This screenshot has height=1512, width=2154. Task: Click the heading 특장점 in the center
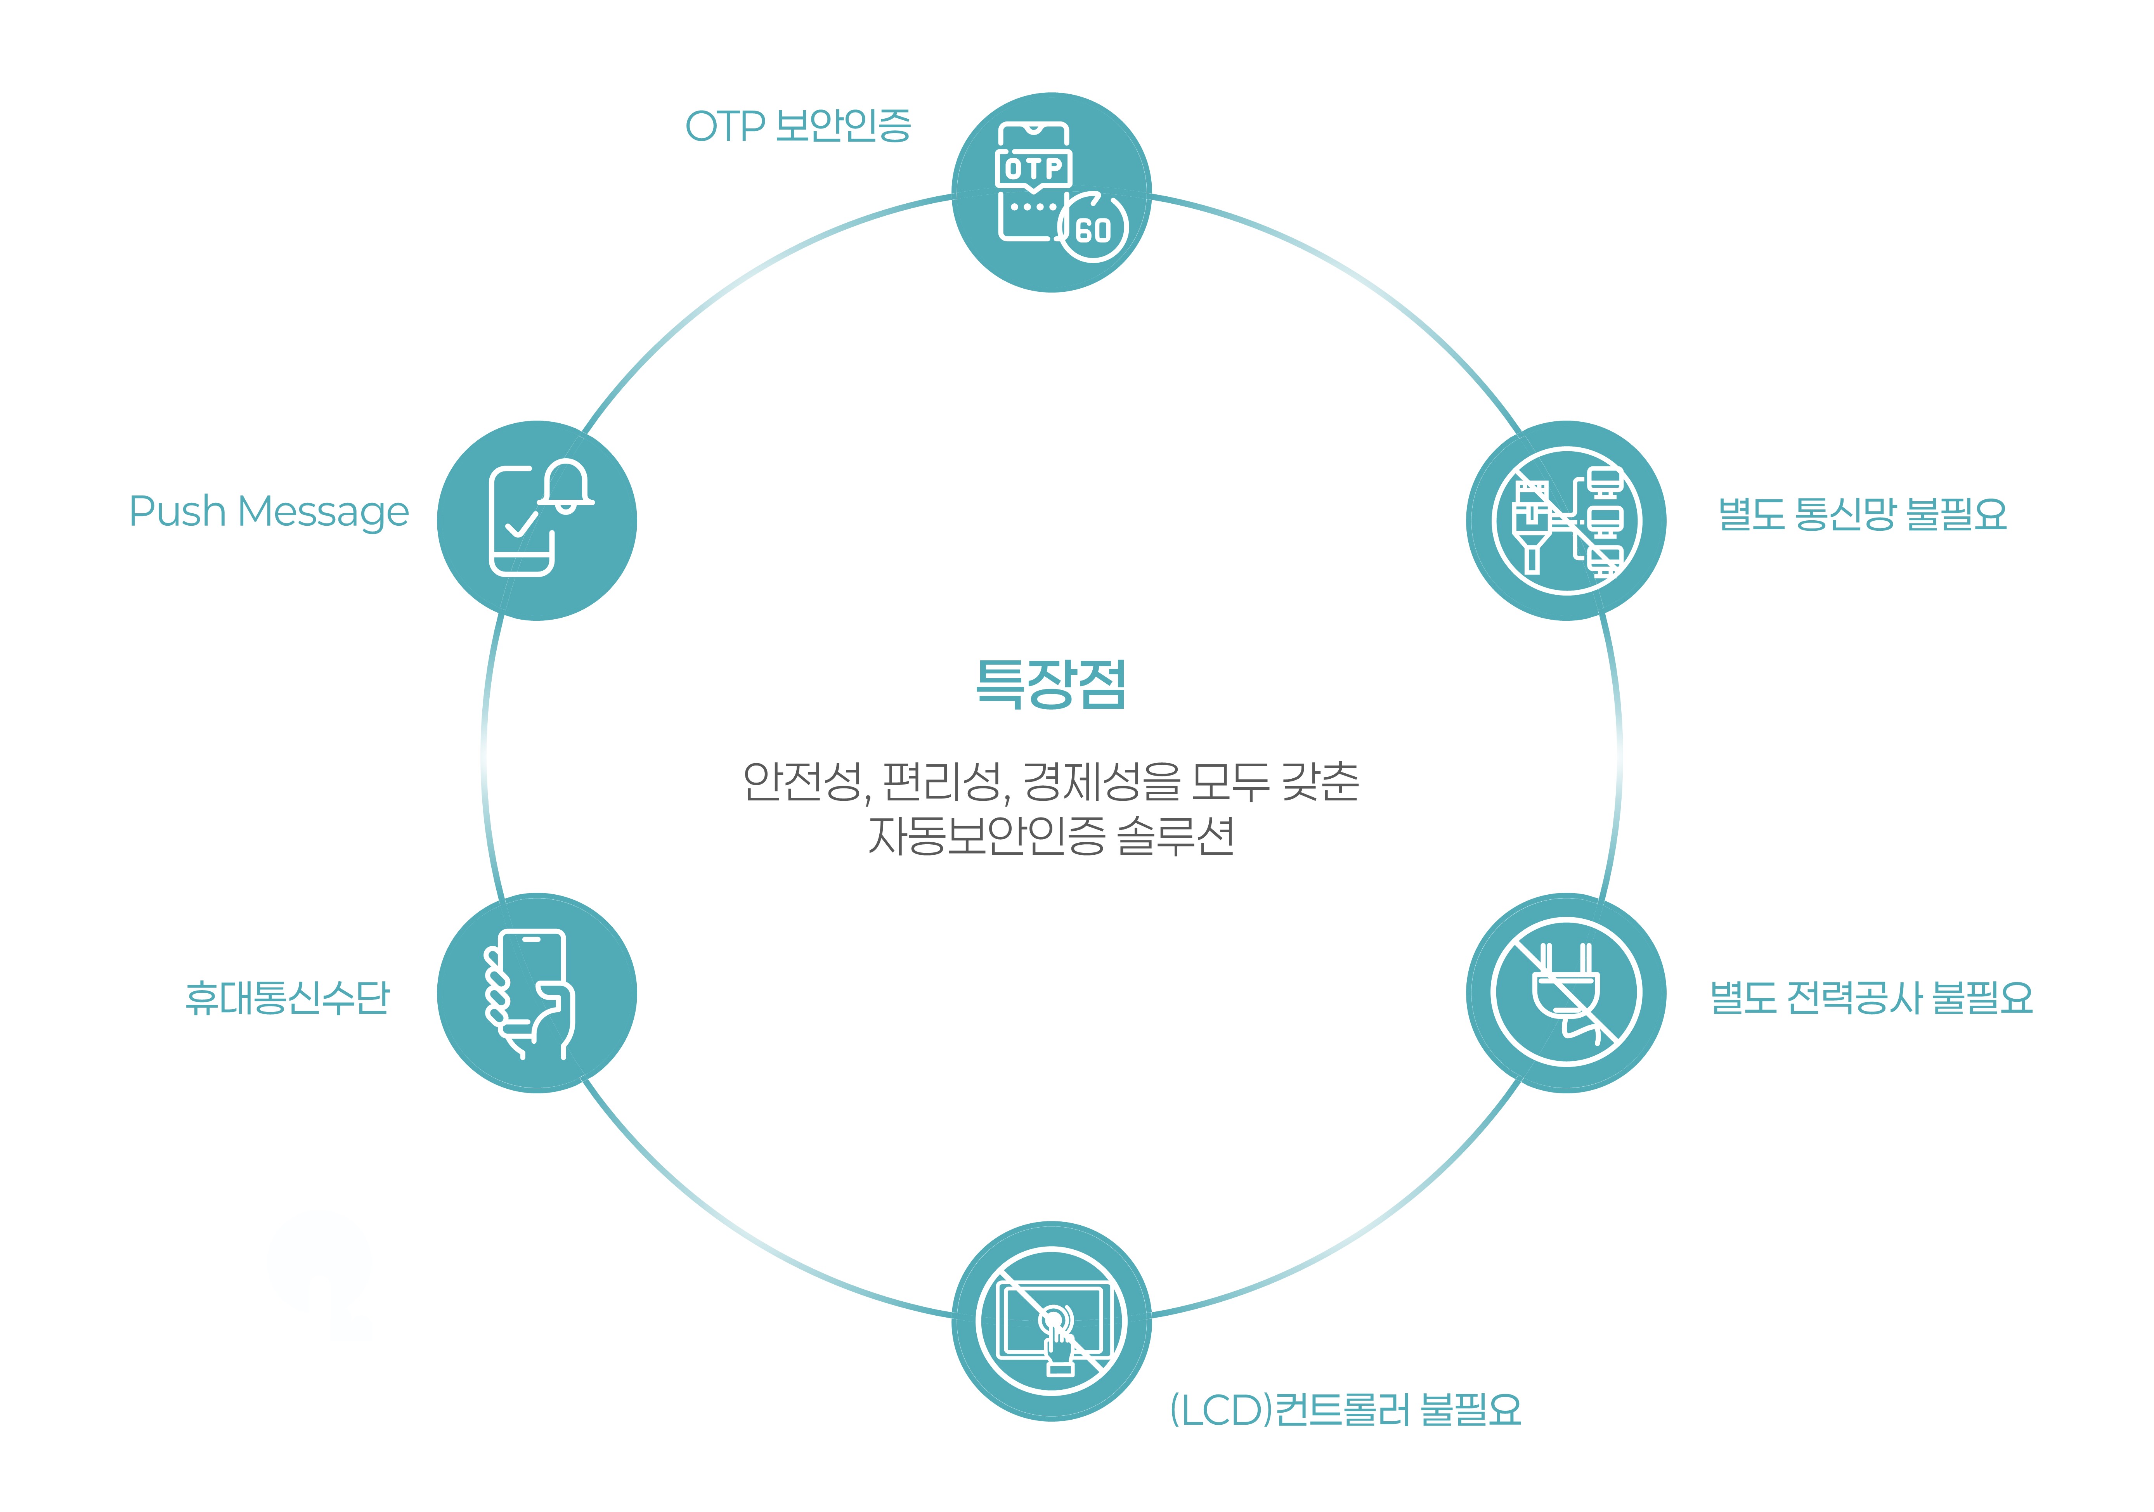click(1051, 684)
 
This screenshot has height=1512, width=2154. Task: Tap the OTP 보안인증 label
click(797, 126)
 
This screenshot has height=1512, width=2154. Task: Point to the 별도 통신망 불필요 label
click(1862, 514)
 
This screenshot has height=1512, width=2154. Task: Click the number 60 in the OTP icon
click(1093, 230)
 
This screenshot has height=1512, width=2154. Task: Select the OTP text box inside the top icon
click(1033, 169)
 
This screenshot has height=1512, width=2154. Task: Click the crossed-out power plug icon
click(1566, 992)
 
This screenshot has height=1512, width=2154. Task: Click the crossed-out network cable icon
click(1566, 521)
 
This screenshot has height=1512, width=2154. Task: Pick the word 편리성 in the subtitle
click(941, 781)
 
